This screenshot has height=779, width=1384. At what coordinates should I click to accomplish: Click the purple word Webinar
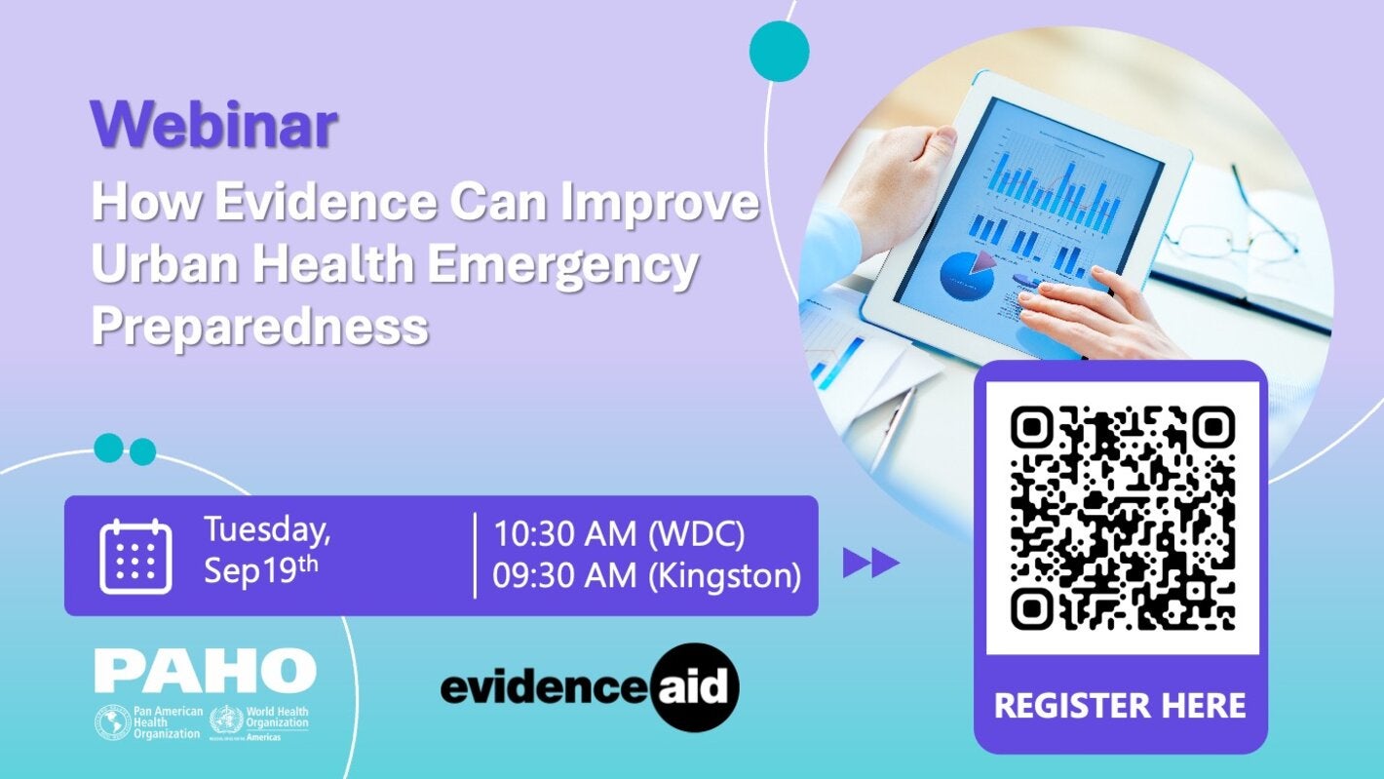(213, 126)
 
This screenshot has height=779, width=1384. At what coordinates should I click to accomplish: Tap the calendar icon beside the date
(135, 557)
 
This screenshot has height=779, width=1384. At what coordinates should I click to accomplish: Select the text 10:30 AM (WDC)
(619, 534)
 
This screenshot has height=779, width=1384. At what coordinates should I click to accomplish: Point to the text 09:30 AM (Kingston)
(646, 576)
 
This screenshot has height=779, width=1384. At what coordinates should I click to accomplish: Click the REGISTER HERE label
(1120, 705)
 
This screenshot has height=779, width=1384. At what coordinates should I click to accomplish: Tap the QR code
(1122, 518)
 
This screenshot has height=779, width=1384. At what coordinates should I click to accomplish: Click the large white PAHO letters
(205, 671)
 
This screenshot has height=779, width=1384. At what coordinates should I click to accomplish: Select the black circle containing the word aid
(695, 687)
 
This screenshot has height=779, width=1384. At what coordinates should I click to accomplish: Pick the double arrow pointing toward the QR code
(870, 564)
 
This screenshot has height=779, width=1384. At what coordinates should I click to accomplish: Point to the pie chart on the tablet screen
(968, 274)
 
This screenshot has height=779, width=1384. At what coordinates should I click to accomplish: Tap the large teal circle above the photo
(779, 51)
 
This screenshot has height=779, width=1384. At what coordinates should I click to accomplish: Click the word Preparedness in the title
(260, 327)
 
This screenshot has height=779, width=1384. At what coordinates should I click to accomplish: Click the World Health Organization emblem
(224, 722)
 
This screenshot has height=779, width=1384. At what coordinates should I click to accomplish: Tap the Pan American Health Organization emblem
(112, 722)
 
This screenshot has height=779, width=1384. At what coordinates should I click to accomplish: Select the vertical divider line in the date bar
(475, 556)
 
